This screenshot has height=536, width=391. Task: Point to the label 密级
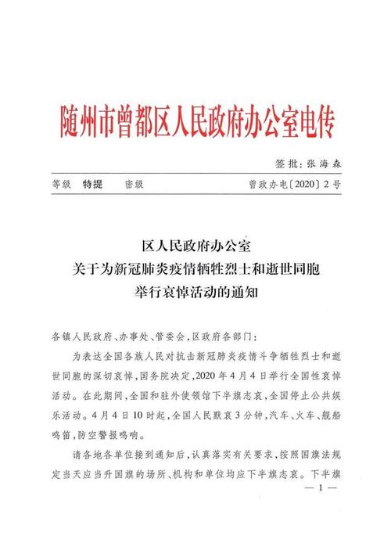point(134,187)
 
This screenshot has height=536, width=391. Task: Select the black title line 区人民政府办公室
point(195,249)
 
